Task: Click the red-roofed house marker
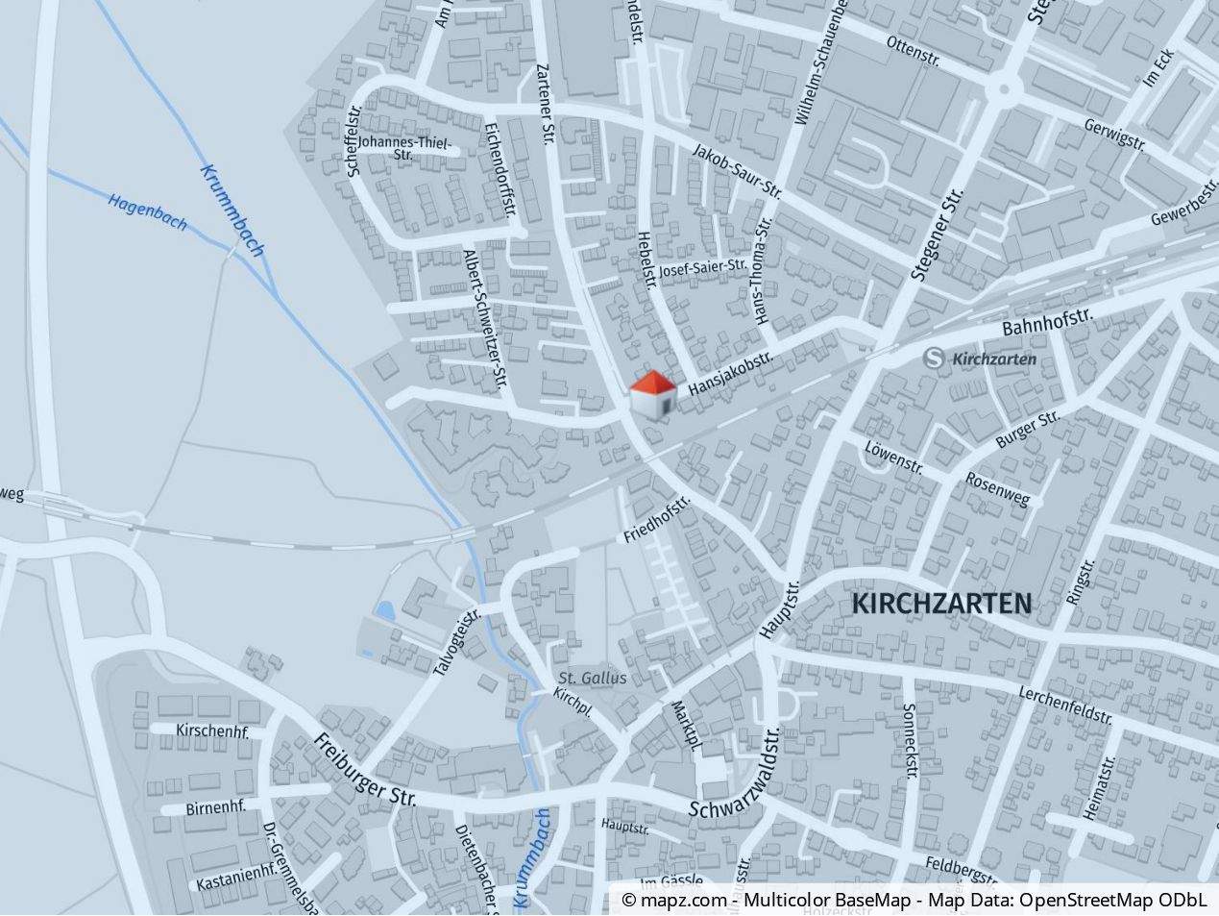(652, 395)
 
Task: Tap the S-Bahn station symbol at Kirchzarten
(932, 359)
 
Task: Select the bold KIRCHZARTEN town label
(941, 604)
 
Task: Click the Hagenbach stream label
(147, 212)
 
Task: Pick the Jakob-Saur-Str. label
(737, 171)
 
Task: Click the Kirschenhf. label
(212, 730)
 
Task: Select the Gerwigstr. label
(1115, 136)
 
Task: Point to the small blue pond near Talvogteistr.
(385, 610)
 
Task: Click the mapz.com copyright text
(674, 901)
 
